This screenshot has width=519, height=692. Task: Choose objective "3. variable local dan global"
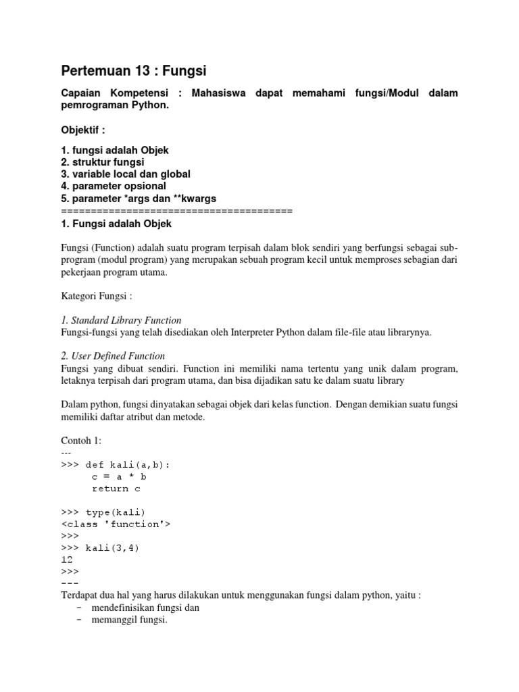[x=126, y=174]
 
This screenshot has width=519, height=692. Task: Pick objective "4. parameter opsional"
[x=114, y=185]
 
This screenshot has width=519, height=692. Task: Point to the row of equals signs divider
[x=176, y=211]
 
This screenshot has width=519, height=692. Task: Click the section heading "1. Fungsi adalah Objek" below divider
[x=116, y=223]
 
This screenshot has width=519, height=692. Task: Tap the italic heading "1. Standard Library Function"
[x=122, y=320]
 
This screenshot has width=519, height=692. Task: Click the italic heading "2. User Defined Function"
[x=114, y=355]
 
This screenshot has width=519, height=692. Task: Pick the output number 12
[x=67, y=559]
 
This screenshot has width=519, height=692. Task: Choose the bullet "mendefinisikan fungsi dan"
[x=145, y=607]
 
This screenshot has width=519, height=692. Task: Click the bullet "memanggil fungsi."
[x=128, y=619]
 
